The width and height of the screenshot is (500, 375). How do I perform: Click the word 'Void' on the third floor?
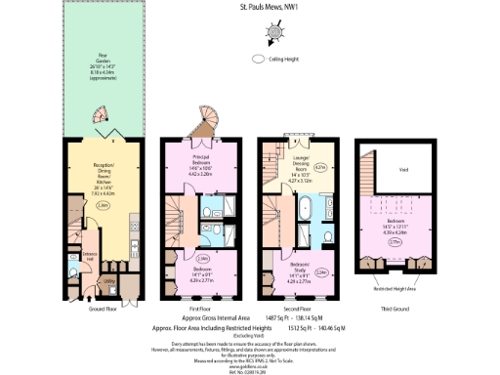click(x=396, y=167)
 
